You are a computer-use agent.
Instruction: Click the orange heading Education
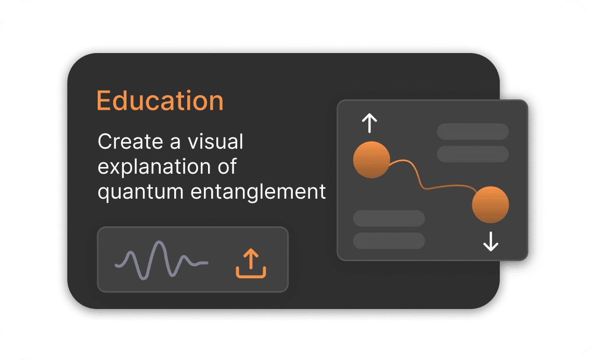tap(160, 101)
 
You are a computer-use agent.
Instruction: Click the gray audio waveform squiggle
tap(161, 260)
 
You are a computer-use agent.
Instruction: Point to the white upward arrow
tap(369, 123)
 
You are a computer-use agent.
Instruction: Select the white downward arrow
tap(490, 241)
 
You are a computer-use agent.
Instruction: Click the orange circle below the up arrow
tap(371, 159)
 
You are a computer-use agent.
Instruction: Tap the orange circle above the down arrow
tap(490, 204)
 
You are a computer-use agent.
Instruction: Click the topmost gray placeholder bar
tap(472, 131)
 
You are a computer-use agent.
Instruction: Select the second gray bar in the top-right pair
tap(472, 154)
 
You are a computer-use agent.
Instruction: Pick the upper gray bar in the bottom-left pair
tap(389, 218)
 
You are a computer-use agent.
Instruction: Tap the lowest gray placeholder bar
tap(389, 240)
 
